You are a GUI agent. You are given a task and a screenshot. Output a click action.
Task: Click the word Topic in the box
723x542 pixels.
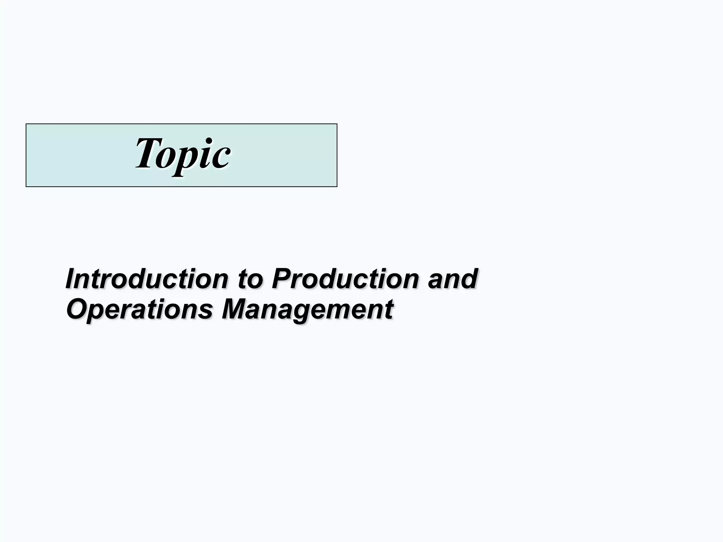tap(183, 154)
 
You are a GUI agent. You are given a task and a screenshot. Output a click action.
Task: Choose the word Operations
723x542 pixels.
tap(140, 309)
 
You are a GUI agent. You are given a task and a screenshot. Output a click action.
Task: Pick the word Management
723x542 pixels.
tap(307, 309)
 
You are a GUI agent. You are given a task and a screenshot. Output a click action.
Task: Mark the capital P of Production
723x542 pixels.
tap(281, 279)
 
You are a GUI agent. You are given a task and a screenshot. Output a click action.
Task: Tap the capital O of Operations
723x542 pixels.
tap(76, 309)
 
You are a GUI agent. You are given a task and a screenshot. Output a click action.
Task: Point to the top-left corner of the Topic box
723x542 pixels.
tap(26, 124)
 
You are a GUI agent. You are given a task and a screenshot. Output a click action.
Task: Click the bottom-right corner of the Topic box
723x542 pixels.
tap(337, 186)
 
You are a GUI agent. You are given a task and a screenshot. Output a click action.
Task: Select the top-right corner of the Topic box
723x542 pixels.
tap(337, 124)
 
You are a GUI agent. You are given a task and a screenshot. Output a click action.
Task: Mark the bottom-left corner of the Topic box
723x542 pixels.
tap(26, 186)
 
